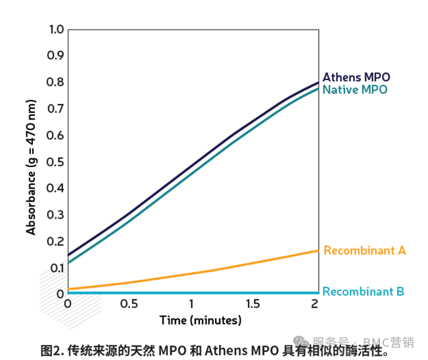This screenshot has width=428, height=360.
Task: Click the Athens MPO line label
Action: (x=356, y=76)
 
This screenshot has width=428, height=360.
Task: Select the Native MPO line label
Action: (x=355, y=89)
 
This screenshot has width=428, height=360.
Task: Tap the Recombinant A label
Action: (x=364, y=250)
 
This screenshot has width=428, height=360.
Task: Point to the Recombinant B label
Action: (x=364, y=292)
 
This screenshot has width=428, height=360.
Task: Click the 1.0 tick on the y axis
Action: (x=57, y=30)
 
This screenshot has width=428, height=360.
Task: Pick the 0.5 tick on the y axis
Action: (x=57, y=162)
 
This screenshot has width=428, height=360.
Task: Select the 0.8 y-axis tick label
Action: (x=57, y=83)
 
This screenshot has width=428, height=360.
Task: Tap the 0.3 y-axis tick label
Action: (x=57, y=215)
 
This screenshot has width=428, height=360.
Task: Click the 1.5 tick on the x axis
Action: (x=253, y=304)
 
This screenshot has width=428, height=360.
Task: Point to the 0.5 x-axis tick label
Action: (x=130, y=304)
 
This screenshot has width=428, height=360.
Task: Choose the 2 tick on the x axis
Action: (x=315, y=304)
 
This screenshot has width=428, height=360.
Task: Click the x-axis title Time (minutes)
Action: (x=201, y=321)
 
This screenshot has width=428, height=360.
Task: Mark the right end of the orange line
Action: (x=318, y=250)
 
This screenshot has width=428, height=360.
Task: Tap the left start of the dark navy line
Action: (x=68, y=254)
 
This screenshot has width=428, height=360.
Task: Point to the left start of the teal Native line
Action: (x=68, y=263)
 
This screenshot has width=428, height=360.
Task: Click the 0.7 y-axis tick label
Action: (x=57, y=109)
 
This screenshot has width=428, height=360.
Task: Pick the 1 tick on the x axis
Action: (x=191, y=304)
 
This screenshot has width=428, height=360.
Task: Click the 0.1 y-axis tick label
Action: (x=57, y=267)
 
